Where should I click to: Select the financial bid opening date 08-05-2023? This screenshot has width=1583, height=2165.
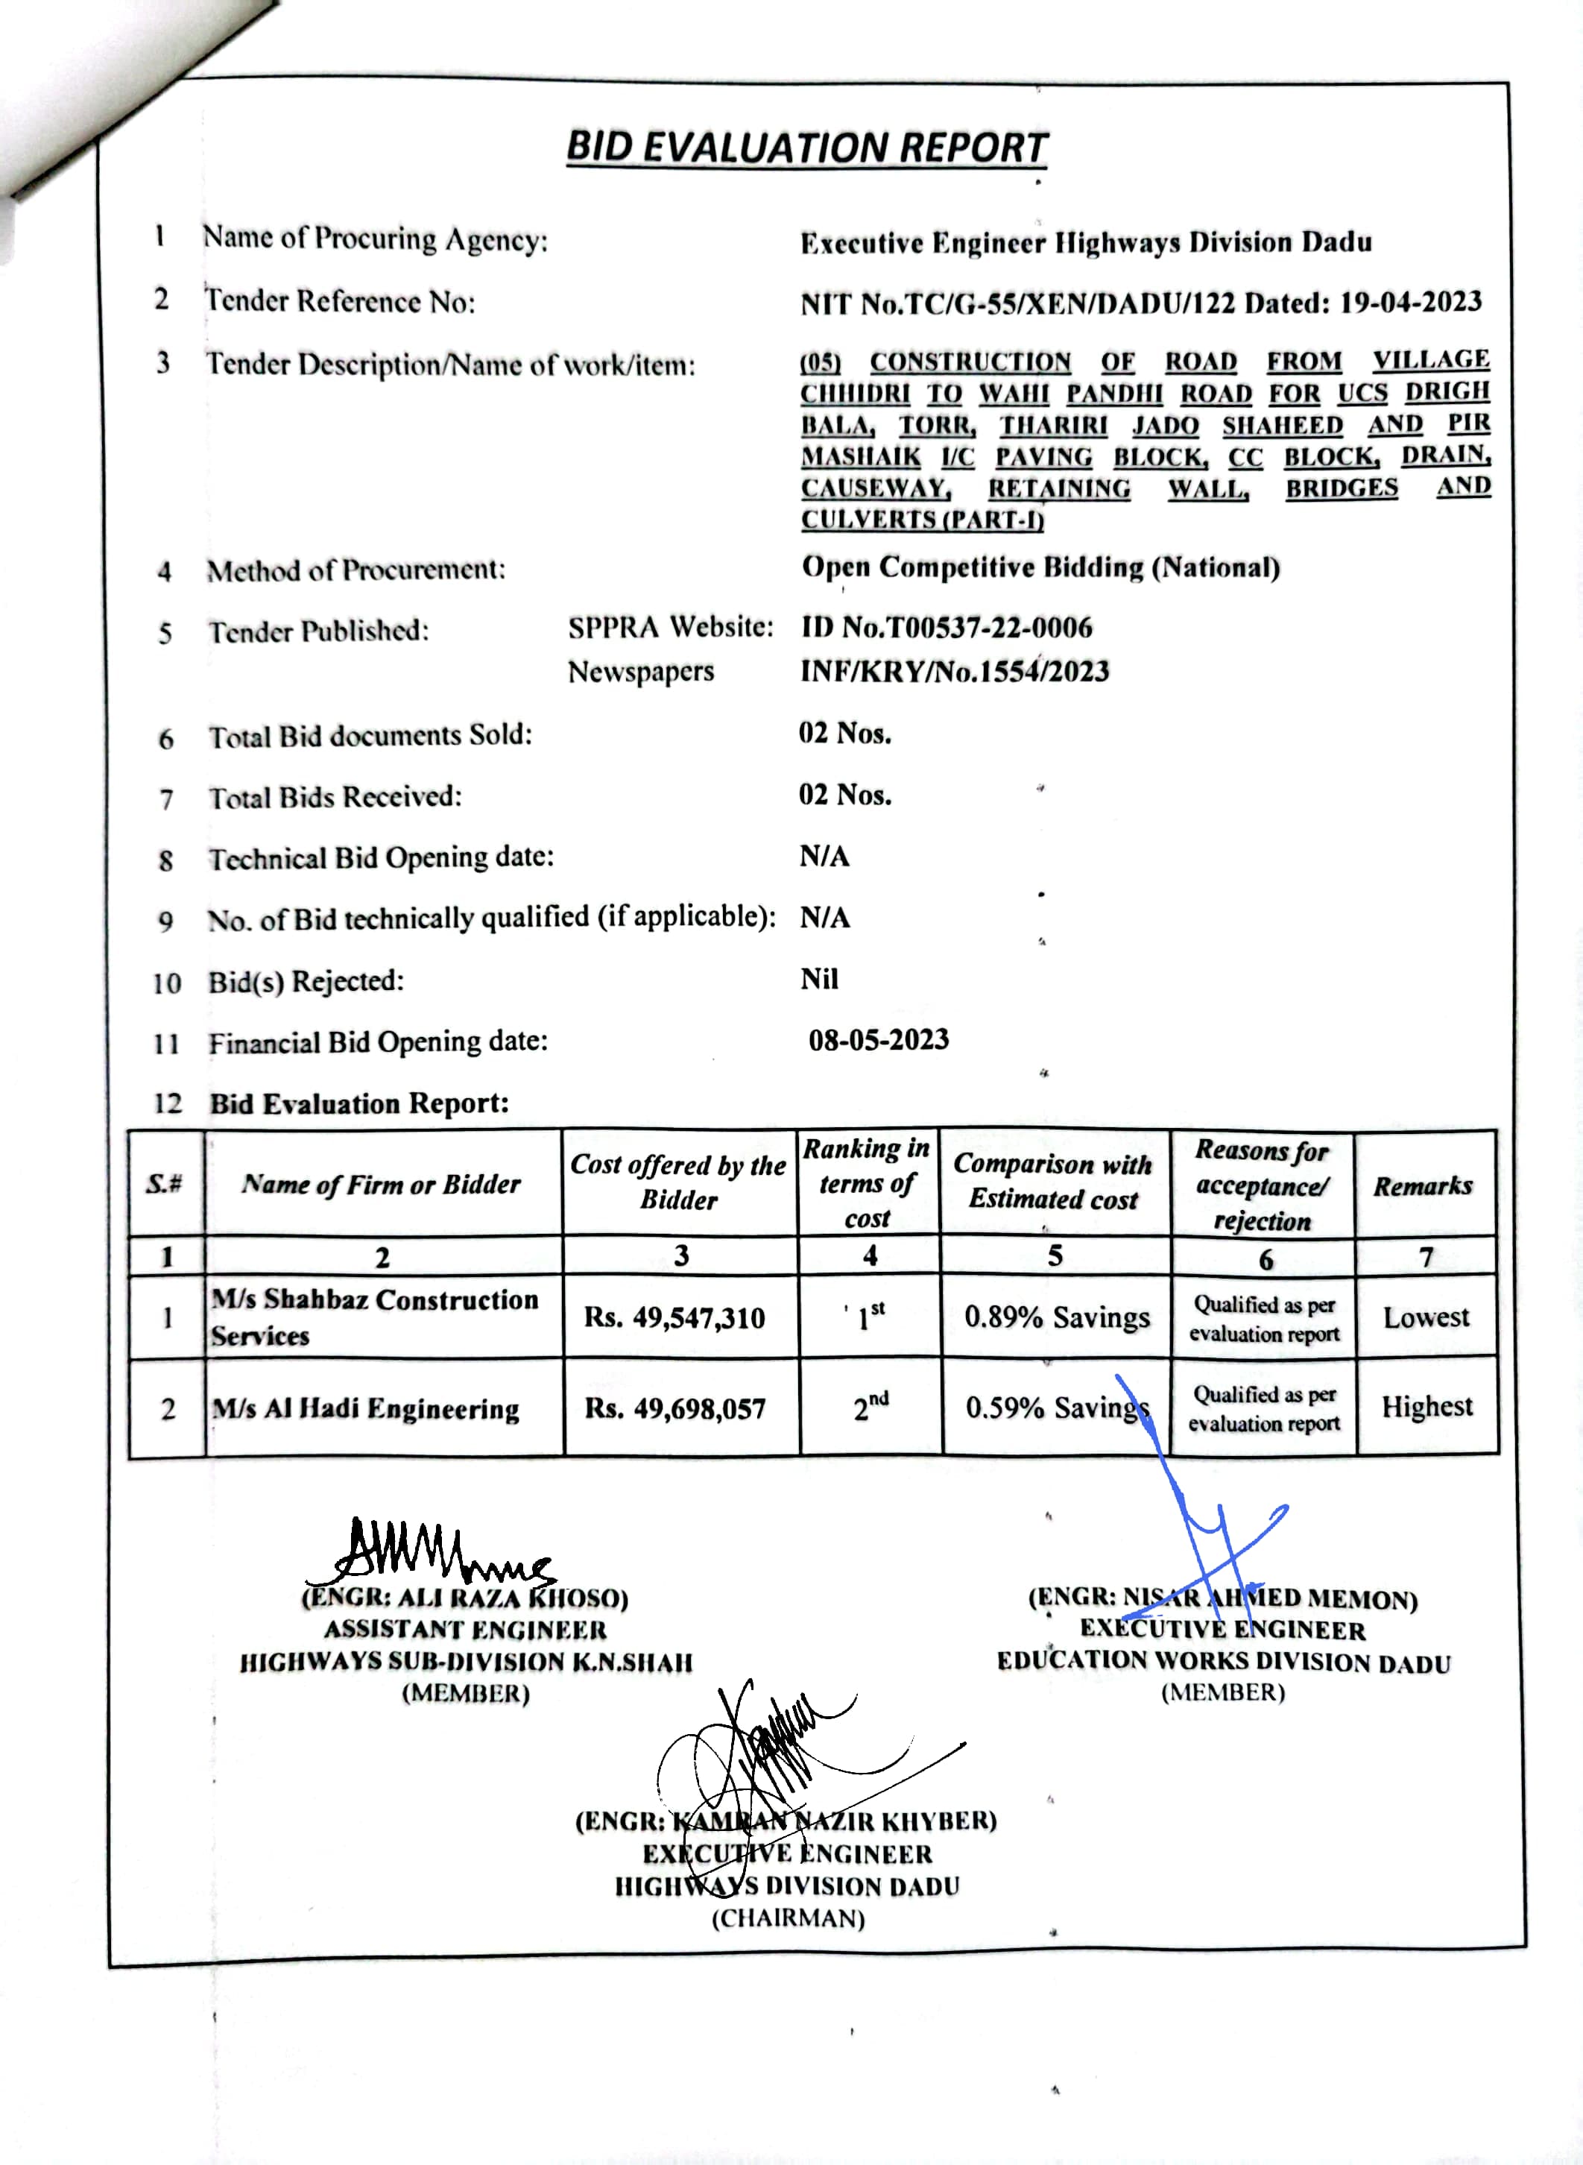(879, 1040)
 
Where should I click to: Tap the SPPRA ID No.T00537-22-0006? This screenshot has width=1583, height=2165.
(947, 628)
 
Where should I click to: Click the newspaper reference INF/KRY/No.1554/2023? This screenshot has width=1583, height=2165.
(955, 671)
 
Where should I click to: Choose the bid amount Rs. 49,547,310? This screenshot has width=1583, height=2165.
(674, 1318)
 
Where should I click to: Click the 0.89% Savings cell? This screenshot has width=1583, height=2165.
(1056, 1317)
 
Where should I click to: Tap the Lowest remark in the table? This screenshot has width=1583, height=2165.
(1426, 1317)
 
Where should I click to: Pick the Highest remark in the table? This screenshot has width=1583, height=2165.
(1426, 1406)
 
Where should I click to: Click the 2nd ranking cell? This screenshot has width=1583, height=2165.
(870, 1407)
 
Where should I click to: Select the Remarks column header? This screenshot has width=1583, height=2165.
(1423, 1185)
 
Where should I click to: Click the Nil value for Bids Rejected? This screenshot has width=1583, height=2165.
(819, 979)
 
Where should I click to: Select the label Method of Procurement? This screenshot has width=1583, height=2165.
(356, 570)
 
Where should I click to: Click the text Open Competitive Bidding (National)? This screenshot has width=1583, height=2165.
(1040, 567)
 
